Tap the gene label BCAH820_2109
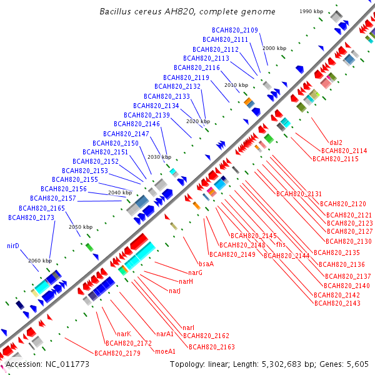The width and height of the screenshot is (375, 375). point(234,30)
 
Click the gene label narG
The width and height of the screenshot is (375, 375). point(196,272)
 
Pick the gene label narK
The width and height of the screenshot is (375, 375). point(124,334)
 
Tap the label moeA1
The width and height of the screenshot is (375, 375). point(164,351)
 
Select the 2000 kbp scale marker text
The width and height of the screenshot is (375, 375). point(274,48)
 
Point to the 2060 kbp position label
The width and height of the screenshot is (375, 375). point(40,261)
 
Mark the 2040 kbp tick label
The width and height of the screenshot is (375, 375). point(120,192)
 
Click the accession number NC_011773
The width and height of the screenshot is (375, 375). point(47,364)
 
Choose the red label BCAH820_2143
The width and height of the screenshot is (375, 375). point(337,303)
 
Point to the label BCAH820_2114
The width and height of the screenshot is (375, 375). point(344,151)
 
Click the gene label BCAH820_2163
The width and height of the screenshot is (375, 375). point(211,347)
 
